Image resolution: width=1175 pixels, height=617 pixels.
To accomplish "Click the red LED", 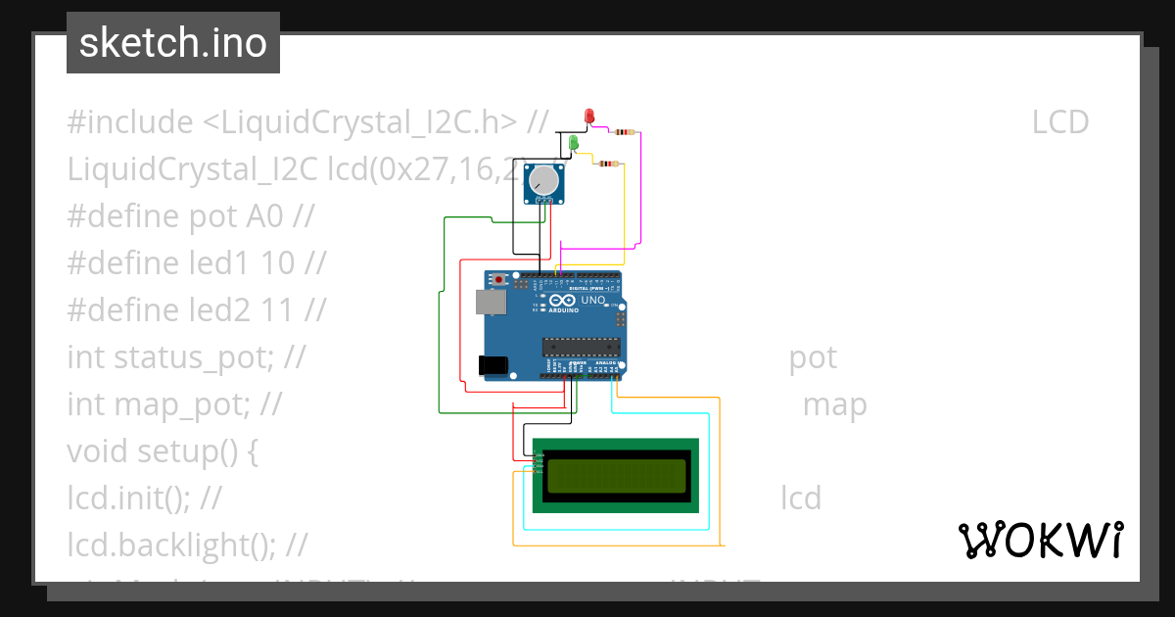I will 589,117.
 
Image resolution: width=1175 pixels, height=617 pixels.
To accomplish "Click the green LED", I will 575,143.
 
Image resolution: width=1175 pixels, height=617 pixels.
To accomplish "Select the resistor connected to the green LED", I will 609,164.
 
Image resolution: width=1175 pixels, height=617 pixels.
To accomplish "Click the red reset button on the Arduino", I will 500,280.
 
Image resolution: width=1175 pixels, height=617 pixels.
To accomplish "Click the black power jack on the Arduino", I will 493,365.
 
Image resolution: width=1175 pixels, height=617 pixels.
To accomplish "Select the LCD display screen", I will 616,475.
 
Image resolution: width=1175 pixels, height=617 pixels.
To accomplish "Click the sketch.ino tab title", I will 173,43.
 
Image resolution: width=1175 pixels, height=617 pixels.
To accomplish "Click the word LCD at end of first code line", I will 1060,122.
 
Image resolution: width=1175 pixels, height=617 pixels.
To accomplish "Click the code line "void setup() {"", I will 163,451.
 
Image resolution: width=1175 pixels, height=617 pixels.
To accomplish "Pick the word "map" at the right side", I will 834,404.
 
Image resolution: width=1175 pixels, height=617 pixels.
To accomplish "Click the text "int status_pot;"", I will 171,357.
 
